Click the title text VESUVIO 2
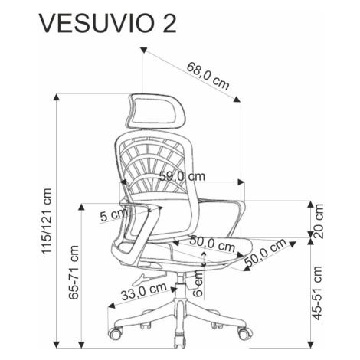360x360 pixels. click(107, 25)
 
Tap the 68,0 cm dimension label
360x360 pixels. click(208, 76)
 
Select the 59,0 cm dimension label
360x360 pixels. click(182, 176)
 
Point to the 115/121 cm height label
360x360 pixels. click(47, 221)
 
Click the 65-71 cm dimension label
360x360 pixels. click(74, 272)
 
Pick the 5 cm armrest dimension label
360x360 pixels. click(113, 214)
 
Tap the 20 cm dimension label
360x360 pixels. click(319, 221)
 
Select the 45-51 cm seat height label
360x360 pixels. click(317, 293)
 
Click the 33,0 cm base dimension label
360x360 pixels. click(144, 291)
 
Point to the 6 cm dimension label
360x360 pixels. click(198, 283)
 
